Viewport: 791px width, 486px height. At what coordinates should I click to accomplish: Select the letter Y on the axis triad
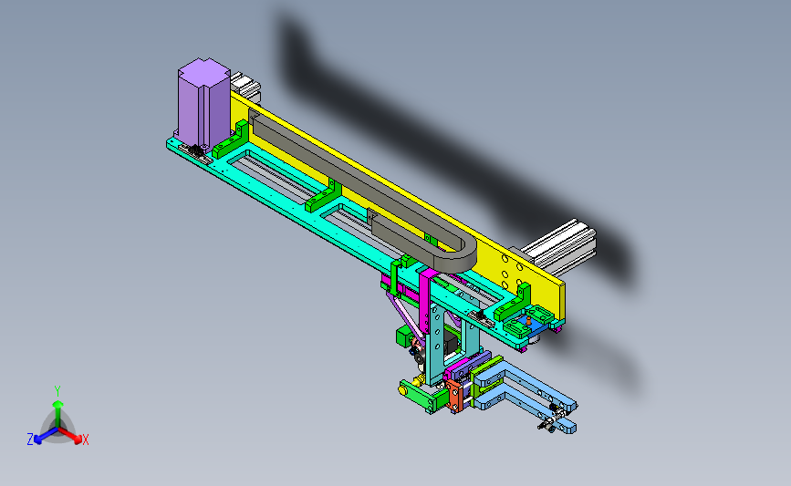coord(57,391)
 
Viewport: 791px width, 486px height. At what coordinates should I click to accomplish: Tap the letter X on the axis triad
coord(85,439)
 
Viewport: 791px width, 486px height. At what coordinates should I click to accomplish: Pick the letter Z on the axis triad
coord(30,439)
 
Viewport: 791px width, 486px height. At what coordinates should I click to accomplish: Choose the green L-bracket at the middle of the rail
coord(323,196)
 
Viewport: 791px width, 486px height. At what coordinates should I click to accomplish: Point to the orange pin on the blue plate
coord(528,320)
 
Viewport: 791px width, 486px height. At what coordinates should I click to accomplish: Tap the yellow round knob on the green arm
coord(403,389)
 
